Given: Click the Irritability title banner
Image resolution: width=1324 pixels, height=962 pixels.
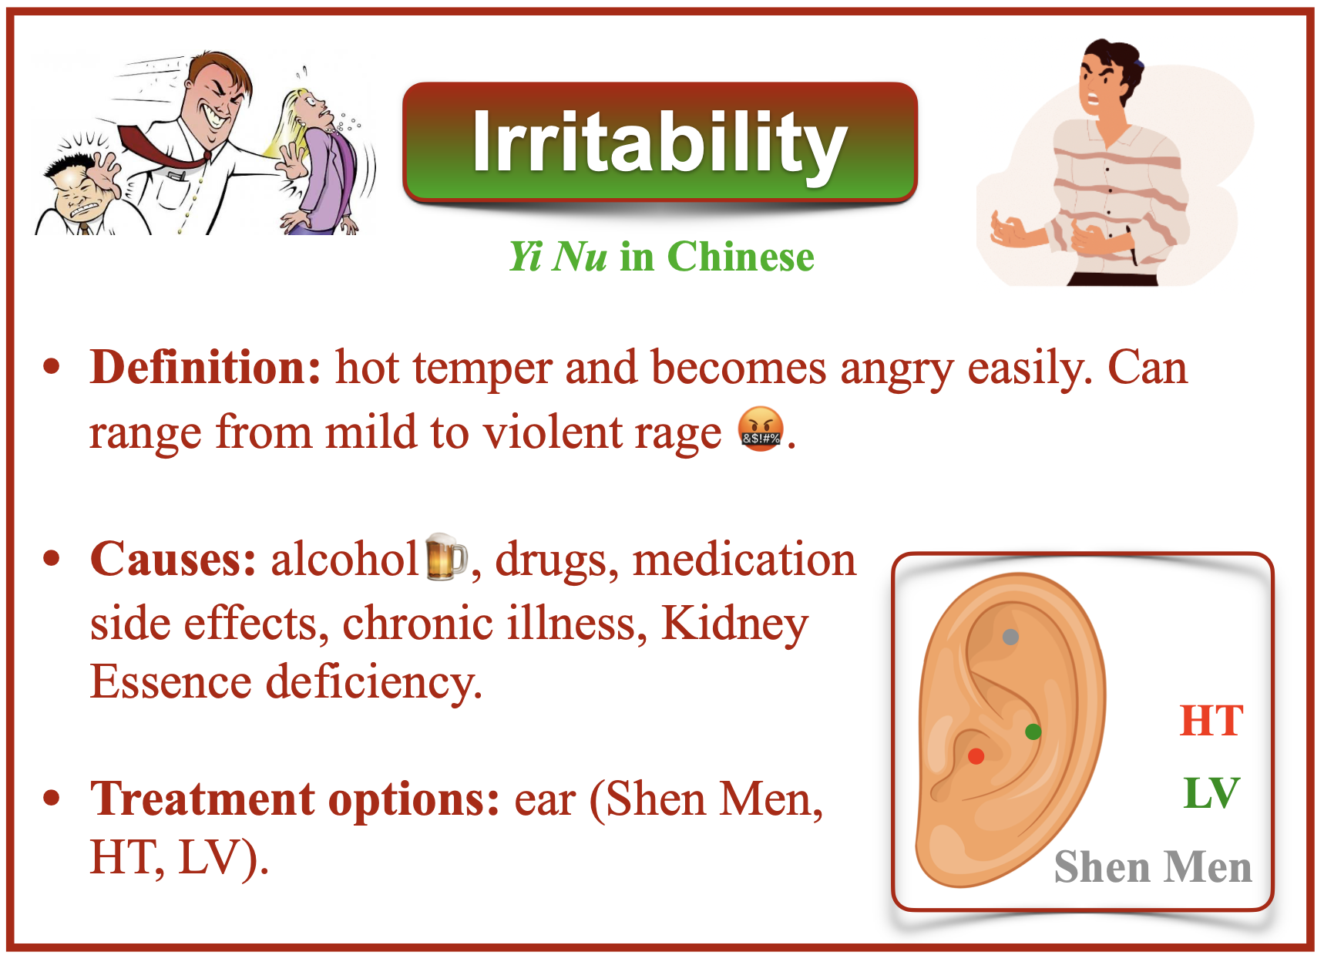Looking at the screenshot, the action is click(660, 143).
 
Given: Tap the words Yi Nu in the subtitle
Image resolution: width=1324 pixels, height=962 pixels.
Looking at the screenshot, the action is click(558, 257).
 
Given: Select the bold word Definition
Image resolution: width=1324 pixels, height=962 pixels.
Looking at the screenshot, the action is click(205, 367).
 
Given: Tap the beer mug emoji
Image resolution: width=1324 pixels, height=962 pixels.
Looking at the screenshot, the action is click(446, 556).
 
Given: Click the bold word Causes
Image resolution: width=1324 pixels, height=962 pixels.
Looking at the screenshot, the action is click(173, 559).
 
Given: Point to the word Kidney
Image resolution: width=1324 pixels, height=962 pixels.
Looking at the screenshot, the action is click(734, 624).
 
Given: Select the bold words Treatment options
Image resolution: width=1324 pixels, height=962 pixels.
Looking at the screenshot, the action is click(295, 799).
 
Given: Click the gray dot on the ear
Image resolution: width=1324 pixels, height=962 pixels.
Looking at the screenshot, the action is click(1010, 637).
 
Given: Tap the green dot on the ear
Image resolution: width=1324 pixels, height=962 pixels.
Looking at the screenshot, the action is click(1033, 732).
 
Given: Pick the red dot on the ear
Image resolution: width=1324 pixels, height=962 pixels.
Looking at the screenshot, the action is click(976, 756).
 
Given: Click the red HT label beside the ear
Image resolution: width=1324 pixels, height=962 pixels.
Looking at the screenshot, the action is click(1211, 721).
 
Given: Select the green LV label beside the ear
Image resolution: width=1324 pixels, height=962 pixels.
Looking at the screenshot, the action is click(1211, 793).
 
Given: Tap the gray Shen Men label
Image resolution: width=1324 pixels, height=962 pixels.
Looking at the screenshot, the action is click(1153, 866).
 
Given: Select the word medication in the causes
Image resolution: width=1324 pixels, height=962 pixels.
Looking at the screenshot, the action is click(744, 560).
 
